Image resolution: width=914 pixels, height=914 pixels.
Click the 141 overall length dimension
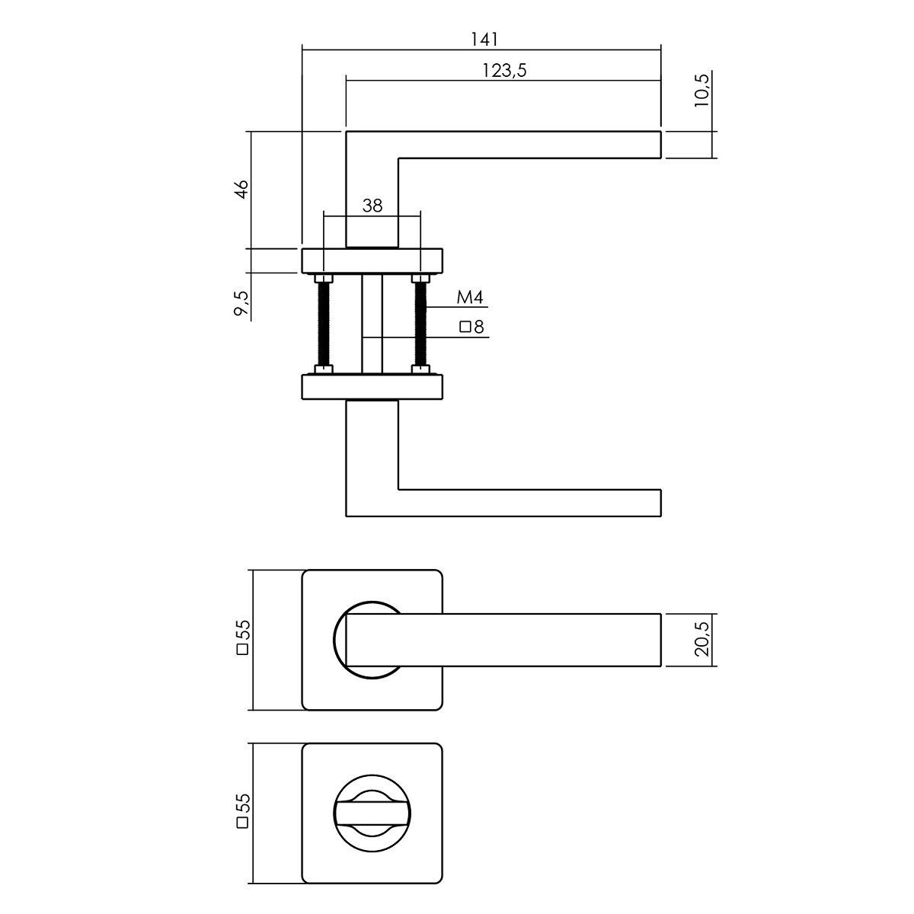click(484, 40)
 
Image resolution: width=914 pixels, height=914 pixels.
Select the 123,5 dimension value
click(505, 71)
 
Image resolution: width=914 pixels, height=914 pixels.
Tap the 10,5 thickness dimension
click(702, 90)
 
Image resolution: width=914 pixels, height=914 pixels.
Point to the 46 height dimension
click(241, 189)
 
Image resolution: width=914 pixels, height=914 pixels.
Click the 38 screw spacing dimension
click(372, 206)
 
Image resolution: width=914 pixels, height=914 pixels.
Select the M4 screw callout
click(470, 297)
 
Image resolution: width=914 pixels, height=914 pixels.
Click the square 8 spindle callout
click(472, 327)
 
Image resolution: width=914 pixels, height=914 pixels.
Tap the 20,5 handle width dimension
click(702, 640)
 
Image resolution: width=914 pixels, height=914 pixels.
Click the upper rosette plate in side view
click(372, 261)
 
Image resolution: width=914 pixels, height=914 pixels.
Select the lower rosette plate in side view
click(372, 387)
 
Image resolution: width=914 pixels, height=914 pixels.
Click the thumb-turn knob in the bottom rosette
click(372, 813)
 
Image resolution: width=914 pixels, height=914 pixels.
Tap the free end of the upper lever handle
click(660, 144)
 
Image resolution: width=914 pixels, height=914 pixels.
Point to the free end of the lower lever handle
click(660, 503)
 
